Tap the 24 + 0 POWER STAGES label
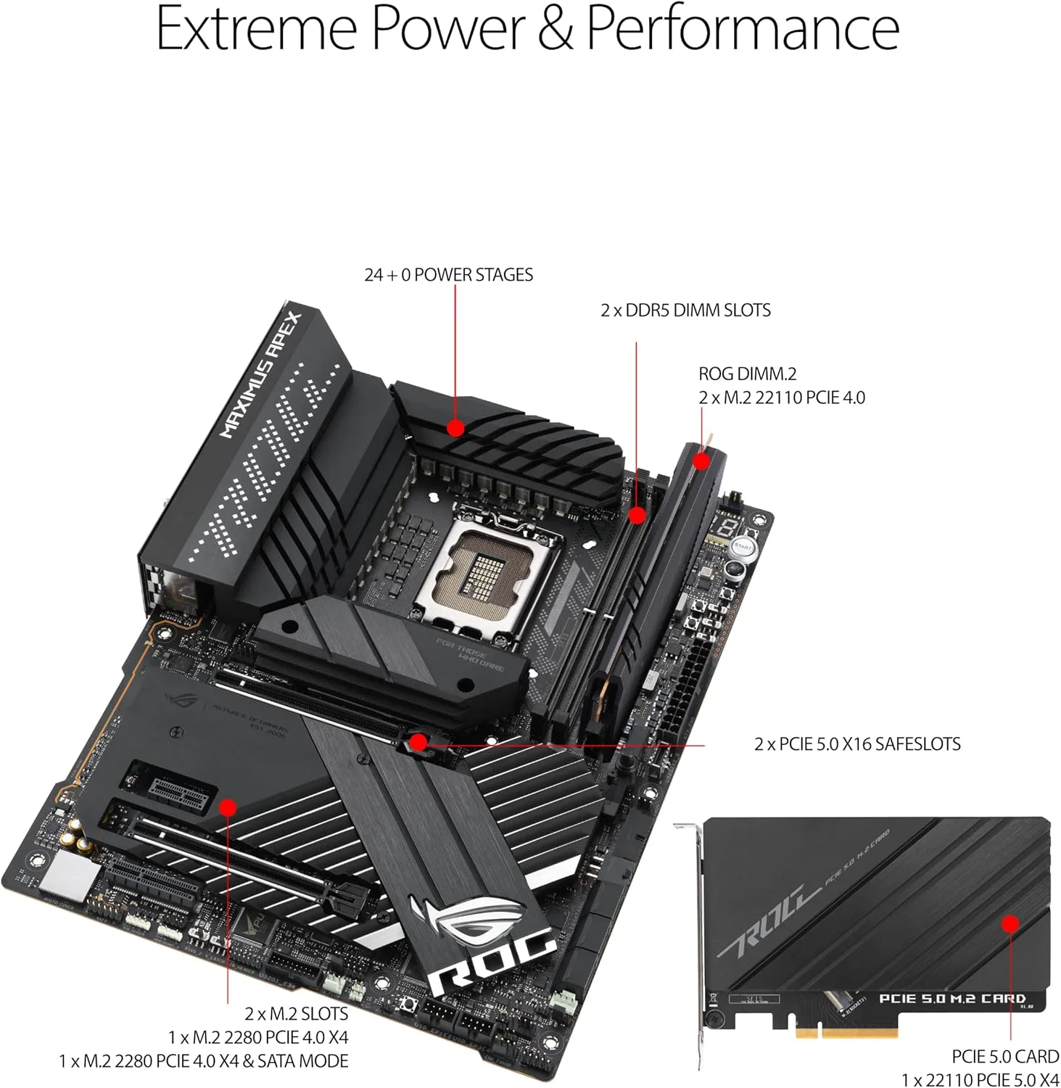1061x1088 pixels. click(448, 275)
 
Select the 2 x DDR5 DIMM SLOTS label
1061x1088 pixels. click(685, 310)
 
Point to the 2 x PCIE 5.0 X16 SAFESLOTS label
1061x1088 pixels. click(857, 744)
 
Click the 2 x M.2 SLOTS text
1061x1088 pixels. click(296, 1014)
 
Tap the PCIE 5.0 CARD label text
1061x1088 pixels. click(1005, 1057)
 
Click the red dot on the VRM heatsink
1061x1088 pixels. click(455, 428)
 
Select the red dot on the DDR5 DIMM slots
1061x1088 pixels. click(637, 516)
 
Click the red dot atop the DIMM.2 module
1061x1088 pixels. click(701, 461)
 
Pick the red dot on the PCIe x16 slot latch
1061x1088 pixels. click(418, 741)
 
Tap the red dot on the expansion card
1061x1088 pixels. click(1010, 923)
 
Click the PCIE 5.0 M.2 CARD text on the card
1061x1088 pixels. click(951, 999)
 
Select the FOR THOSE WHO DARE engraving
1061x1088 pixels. click(469, 655)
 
